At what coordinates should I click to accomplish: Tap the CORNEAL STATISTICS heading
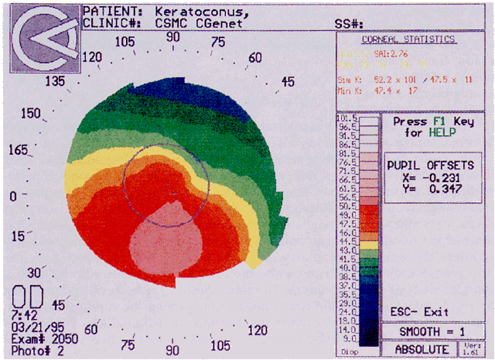tap(408, 39)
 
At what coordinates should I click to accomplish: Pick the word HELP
tap(438, 134)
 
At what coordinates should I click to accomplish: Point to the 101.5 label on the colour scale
tap(345, 118)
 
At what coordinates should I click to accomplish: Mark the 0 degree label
tap(13, 197)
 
